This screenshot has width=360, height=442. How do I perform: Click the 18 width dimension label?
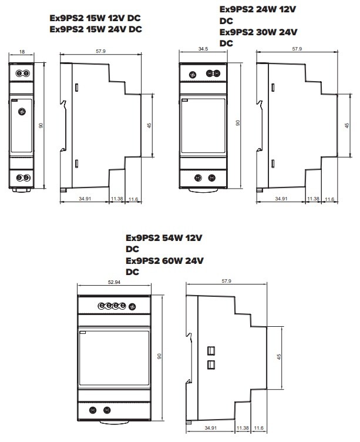[x=22, y=52]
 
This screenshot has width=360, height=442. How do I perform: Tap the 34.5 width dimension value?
[x=203, y=49]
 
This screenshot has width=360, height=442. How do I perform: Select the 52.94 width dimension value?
[x=114, y=282]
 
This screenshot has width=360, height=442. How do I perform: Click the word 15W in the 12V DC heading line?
[x=96, y=18]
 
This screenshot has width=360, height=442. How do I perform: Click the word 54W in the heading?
[x=173, y=238]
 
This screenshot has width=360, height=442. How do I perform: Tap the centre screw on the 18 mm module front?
[x=22, y=112]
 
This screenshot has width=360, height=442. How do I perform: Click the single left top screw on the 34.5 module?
[x=193, y=75]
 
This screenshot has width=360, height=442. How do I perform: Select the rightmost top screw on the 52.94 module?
[x=132, y=306]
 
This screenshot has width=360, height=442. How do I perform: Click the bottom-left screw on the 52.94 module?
[x=93, y=410]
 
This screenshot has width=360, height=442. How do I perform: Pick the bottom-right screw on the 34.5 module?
[x=212, y=178]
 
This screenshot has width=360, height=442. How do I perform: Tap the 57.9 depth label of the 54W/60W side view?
[x=227, y=281]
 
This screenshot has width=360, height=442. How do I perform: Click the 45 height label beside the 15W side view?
[x=149, y=125]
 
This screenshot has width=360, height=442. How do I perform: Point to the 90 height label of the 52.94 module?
[x=159, y=356]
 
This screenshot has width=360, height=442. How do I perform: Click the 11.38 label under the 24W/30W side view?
[x=313, y=199]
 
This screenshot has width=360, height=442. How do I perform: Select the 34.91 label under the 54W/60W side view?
[x=211, y=428]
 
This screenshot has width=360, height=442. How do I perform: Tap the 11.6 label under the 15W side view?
[x=133, y=199]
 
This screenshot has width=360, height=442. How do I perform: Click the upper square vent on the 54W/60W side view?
[x=211, y=351]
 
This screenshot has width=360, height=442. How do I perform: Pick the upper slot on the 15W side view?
[x=76, y=88]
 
